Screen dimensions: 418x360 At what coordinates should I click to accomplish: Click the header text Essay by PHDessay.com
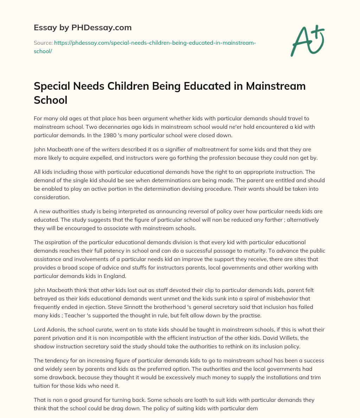click(83, 27)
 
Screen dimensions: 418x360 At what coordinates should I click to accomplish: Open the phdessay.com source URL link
click(155, 43)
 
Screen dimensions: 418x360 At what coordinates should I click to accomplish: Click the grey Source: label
click(43, 43)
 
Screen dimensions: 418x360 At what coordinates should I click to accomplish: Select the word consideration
click(52, 197)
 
